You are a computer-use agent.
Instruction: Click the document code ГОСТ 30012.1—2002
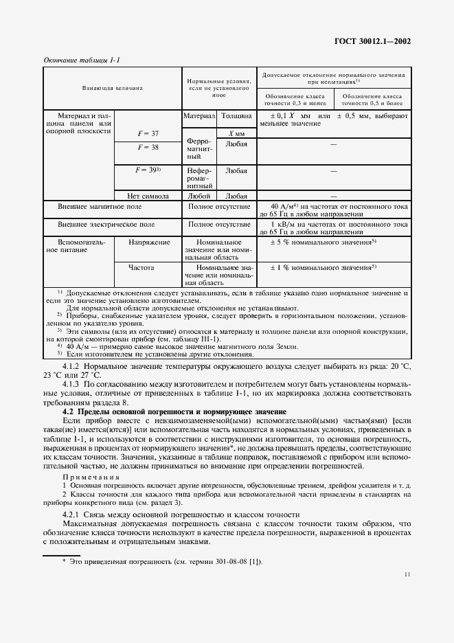click(378, 41)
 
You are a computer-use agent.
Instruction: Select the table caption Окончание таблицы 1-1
click(81, 61)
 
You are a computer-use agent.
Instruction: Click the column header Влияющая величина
click(112, 88)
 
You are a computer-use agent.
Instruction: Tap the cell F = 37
click(148, 133)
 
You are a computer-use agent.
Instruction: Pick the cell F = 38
click(148, 147)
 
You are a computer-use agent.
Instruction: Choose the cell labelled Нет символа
click(148, 195)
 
